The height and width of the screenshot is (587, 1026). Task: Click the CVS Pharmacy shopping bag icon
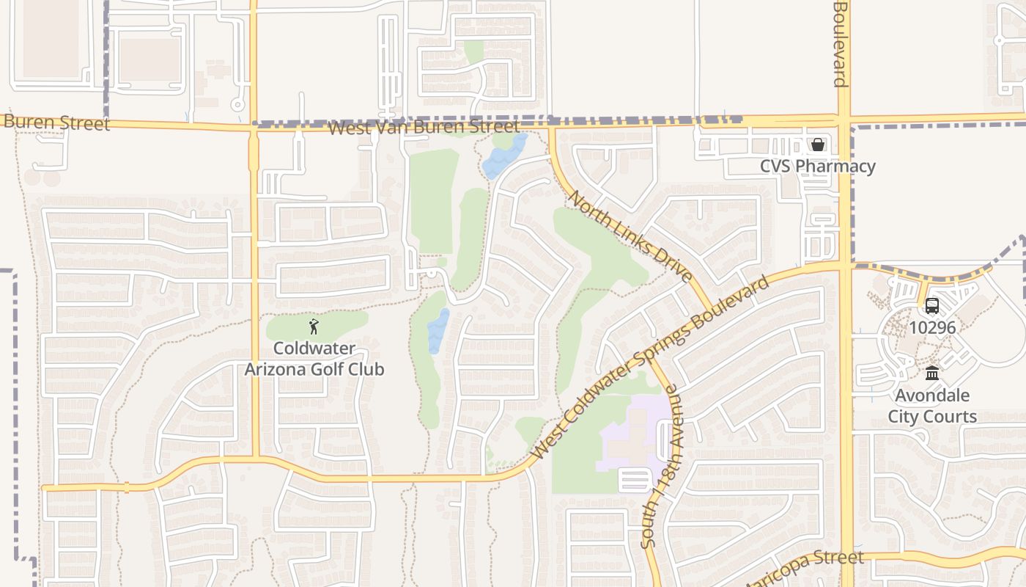pyautogui.click(x=817, y=145)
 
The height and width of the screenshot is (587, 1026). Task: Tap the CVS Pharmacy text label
pyautogui.click(x=817, y=166)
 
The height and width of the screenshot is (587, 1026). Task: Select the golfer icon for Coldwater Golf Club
pyautogui.click(x=314, y=327)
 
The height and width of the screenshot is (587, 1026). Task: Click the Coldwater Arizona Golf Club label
pyautogui.click(x=314, y=359)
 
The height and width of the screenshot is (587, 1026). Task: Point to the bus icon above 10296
pyautogui.click(x=932, y=306)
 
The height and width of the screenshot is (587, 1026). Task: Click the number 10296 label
pyautogui.click(x=932, y=327)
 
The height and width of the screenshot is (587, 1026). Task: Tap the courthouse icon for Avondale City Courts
pyautogui.click(x=932, y=373)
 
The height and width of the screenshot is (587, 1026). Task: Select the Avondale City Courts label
pyautogui.click(x=932, y=406)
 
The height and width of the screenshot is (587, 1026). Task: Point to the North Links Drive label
pyautogui.click(x=630, y=236)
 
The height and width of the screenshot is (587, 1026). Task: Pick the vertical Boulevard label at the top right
pyautogui.click(x=841, y=44)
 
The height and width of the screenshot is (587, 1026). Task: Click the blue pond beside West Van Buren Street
pyautogui.click(x=505, y=155)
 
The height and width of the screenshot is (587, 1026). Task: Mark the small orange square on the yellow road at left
pyautogui.click(x=127, y=486)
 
